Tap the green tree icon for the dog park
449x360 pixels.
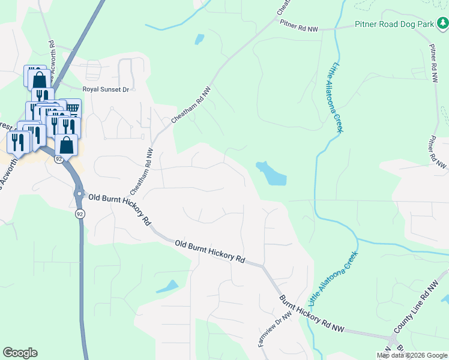(442, 23)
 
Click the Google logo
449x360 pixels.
(20, 353)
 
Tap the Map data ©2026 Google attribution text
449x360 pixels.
(412, 355)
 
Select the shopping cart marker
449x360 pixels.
(72, 107)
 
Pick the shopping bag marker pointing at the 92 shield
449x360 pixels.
(66, 145)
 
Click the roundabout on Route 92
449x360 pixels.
(79, 194)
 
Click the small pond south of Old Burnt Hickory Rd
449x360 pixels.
(167, 286)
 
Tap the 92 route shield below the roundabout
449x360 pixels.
(79, 214)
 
